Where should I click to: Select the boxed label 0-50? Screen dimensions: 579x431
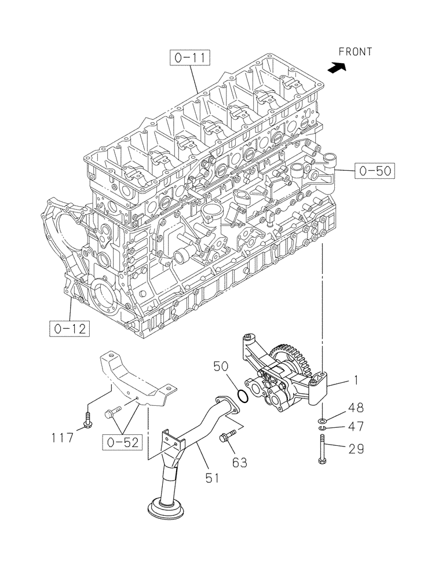click(375, 170)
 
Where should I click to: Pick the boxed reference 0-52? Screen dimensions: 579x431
click(122, 443)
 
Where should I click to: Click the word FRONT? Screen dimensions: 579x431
click(355, 52)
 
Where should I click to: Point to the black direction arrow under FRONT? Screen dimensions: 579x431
click(336, 68)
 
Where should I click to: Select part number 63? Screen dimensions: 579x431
click(240, 462)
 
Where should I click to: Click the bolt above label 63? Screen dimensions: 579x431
click(227, 437)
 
